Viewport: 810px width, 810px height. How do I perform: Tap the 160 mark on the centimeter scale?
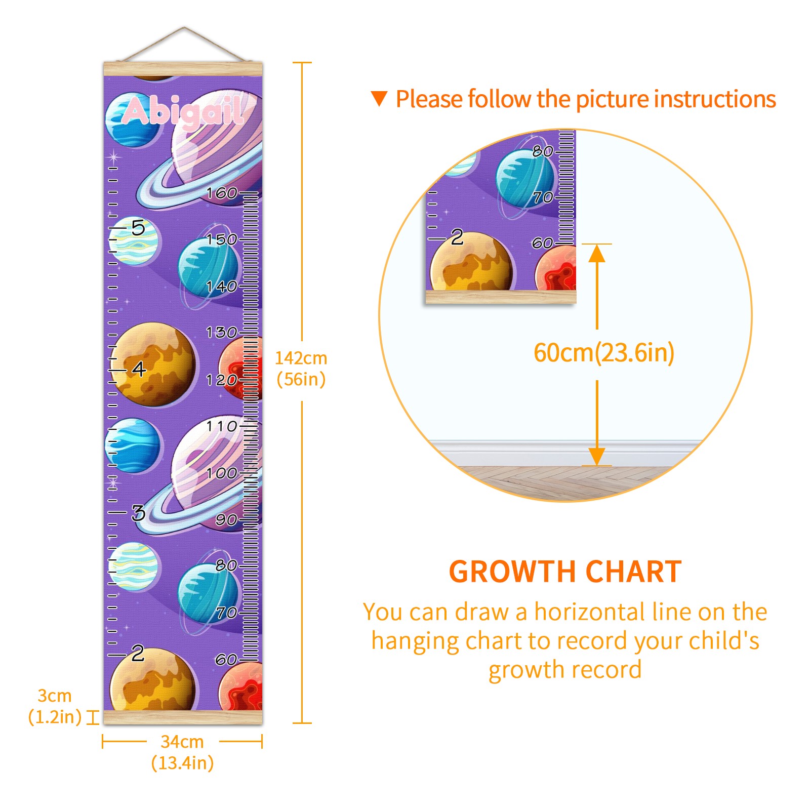(x=222, y=193)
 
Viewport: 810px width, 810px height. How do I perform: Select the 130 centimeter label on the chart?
(x=222, y=332)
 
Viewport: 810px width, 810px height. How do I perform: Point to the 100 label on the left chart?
(x=222, y=473)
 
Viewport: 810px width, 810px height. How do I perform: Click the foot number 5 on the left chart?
(x=138, y=228)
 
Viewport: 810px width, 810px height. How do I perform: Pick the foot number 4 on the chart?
(x=139, y=369)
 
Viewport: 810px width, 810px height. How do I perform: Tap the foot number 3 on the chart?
(x=138, y=513)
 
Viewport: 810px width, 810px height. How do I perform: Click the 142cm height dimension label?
(x=301, y=369)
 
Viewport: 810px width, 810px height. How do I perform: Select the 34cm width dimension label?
(x=182, y=752)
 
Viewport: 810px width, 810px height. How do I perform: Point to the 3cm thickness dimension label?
(x=55, y=706)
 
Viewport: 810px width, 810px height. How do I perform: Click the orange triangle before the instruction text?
(x=379, y=98)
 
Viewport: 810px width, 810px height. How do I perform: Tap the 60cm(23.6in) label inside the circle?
(x=604, y=353)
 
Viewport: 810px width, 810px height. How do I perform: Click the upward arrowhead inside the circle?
(x=597, y=253)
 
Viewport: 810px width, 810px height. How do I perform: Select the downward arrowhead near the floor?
(x=597, y=456)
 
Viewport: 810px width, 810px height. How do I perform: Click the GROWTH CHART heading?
(x=565, y=572)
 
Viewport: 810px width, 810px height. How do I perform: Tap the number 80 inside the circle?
(x=542, y=151)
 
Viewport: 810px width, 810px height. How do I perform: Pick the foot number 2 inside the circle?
(x=457, y=237)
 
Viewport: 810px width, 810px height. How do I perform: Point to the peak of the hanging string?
(x=184, y=28)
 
